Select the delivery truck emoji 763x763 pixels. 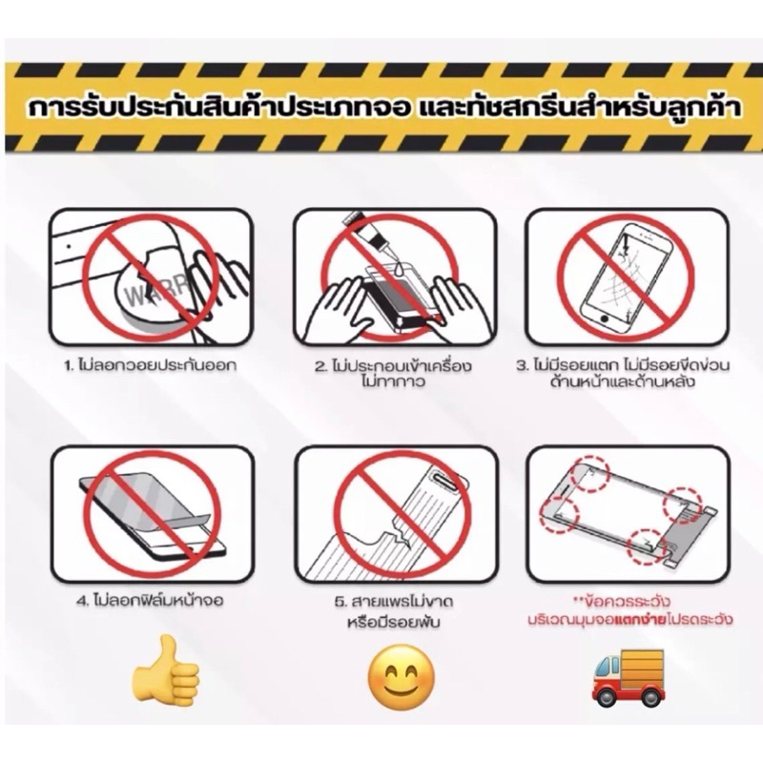coord(628,677)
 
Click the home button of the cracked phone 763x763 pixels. coord(604,320)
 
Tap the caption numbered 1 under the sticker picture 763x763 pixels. coord(151,365)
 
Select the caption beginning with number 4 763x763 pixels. coord(151,601)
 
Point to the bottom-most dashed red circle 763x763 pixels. coord(647,546)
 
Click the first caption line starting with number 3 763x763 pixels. coord(623,365)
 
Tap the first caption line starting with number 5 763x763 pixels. coord(394,602)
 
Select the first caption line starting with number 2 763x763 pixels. coord(393,365)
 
